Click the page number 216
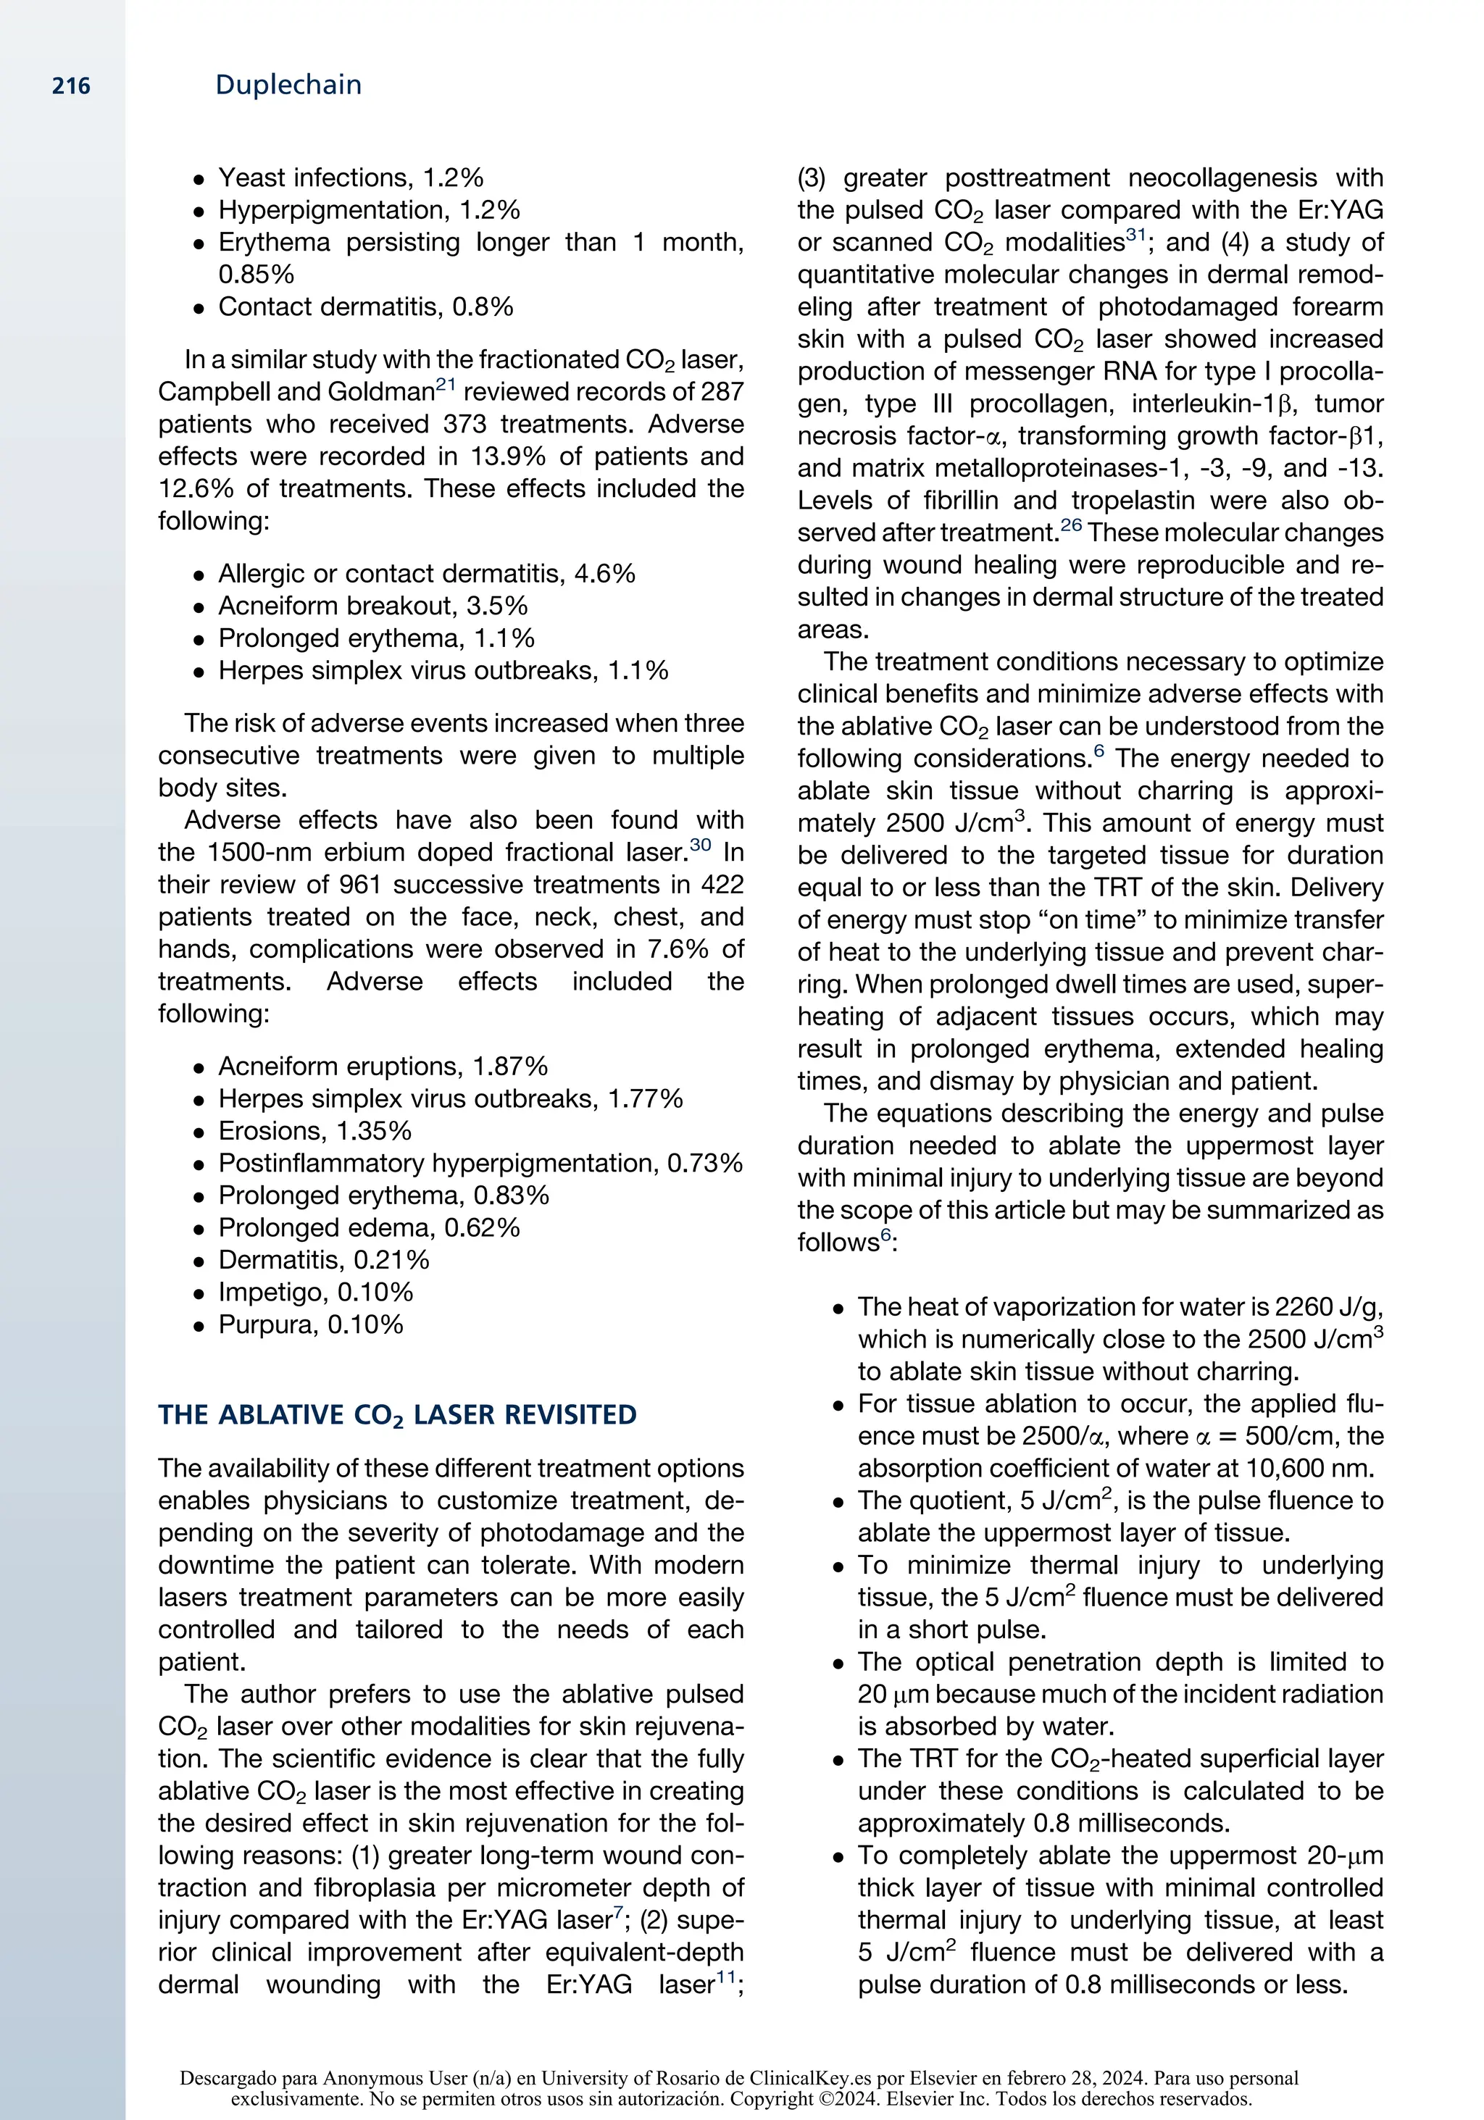click(71, 87)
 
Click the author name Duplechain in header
click(288, 85)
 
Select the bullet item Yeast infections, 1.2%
click(350, 178)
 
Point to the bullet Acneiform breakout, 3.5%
click(372, 606)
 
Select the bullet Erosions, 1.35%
click(314, 1130)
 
